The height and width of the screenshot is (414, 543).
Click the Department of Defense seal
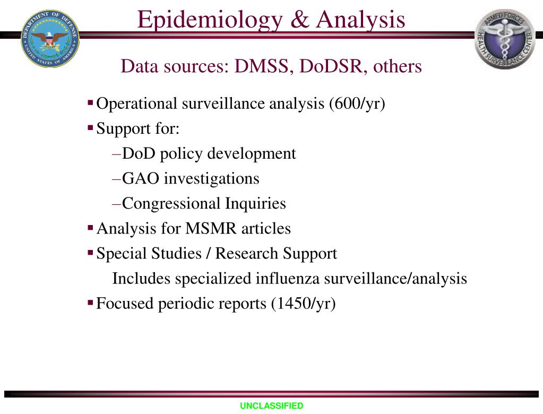(50, 38)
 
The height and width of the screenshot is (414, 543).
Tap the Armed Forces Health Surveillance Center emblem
(505, 39)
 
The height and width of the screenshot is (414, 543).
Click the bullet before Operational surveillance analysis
(90, 101)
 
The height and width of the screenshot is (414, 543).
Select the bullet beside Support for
(90, 126)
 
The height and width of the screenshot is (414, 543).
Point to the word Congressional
(171, 203)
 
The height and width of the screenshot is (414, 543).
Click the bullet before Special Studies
(90, 252)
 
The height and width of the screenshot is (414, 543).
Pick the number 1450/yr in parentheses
(304, 303)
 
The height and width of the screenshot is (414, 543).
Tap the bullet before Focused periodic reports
(90, 301)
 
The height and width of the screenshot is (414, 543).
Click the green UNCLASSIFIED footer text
(271, 406)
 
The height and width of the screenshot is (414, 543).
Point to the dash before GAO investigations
(117, 179)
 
